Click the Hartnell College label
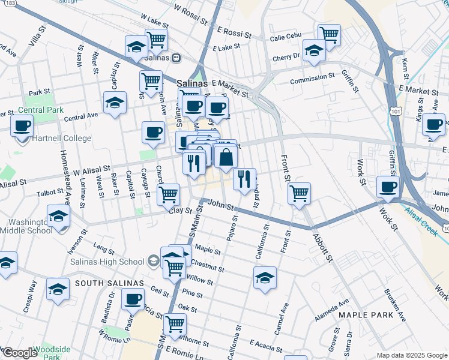click(x=62, y=138)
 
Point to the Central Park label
click(x=40, y=110)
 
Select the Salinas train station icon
click(x=176, y=58)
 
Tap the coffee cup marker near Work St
click(x=388, y=186)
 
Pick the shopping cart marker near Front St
click(x=298, y=193)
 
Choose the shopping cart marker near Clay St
click(x=169, y=194)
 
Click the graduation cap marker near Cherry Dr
click(x=313, y=50)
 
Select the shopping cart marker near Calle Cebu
click(x=329, y=34)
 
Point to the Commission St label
click(x=312, y=78)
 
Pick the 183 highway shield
click(x=11, y=3)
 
